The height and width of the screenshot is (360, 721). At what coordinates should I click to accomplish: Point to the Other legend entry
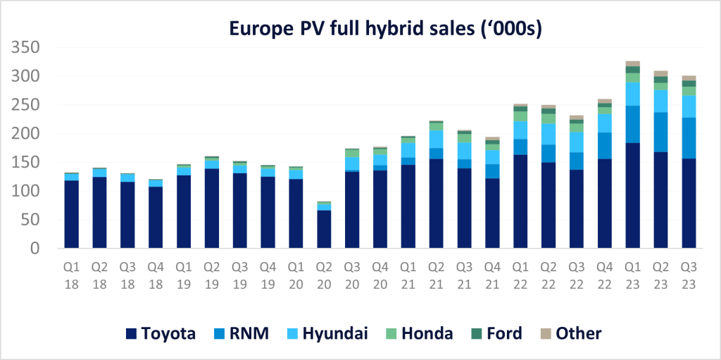click(571, 333)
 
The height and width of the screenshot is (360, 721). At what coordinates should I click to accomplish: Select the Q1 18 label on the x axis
click(71, 277)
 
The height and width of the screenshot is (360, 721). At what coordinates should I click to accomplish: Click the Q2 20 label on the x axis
click(324, 277)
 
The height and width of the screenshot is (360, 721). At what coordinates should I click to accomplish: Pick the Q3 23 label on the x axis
click(689, 277)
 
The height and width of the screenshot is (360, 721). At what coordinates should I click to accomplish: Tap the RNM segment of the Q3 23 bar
click(689, 138)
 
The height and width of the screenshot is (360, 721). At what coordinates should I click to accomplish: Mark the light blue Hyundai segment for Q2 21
click(436, 139)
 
